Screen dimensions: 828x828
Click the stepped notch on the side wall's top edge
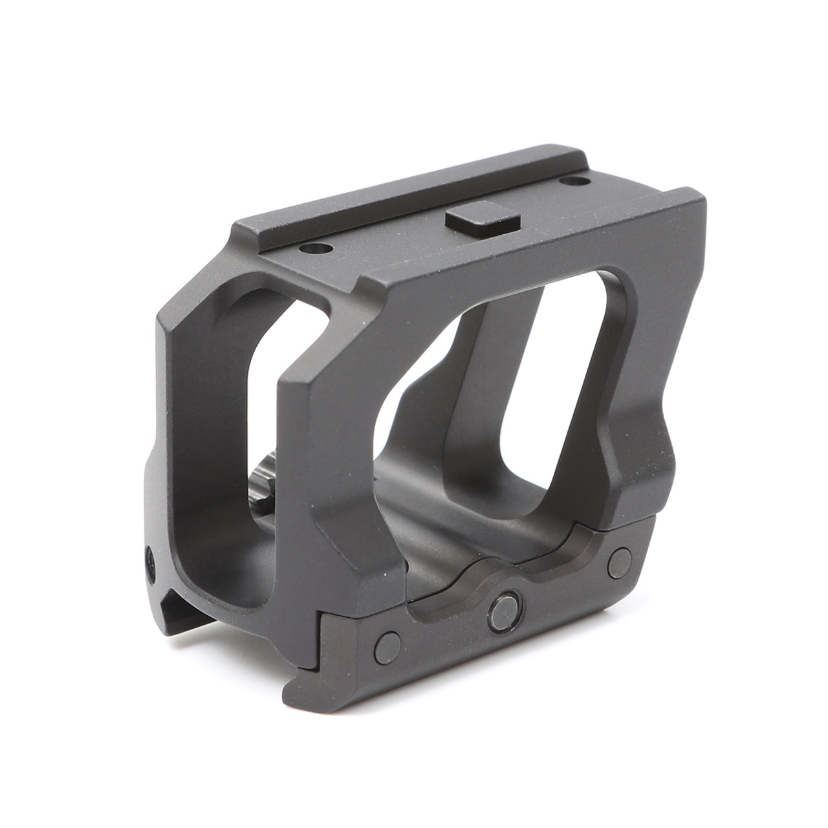pyautogui.click(x=362, y=285)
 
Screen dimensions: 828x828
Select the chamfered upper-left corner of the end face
pyautogui.click(x=178, y=304)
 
